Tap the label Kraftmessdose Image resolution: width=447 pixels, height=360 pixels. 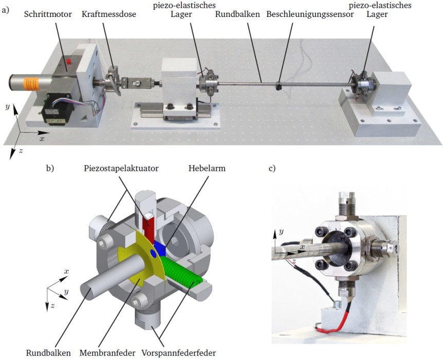coord(108,14)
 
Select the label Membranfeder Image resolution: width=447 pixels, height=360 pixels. coord(107,353)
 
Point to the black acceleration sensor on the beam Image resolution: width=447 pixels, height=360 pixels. coord(278,86)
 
